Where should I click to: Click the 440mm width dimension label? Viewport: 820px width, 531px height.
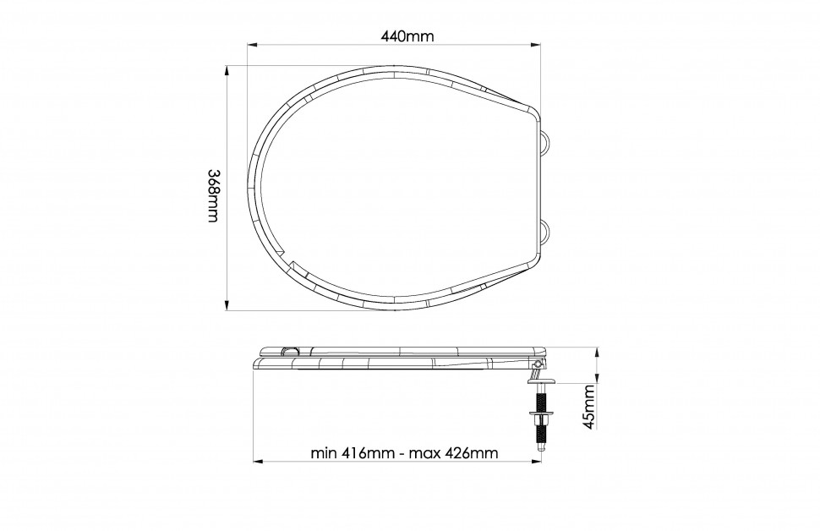(x=407, y=36)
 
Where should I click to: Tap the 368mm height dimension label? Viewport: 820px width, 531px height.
(x=213, y=195)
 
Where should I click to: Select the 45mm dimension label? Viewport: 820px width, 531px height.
(x=589, y=407)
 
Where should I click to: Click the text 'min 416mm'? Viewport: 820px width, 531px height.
(x=352, y=452)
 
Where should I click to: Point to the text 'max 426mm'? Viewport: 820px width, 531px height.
(x=453, y=452)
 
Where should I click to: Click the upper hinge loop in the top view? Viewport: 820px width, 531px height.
(x=545, y=140)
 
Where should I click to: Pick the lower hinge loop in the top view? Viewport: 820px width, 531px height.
(x=545, y=232)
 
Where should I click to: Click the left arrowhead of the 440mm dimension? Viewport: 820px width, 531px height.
(x=252, y=46)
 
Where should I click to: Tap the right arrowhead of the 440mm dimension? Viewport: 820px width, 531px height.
(x=535, y=46)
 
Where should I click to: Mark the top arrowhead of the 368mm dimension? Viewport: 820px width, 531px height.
(x=227, y=71)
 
